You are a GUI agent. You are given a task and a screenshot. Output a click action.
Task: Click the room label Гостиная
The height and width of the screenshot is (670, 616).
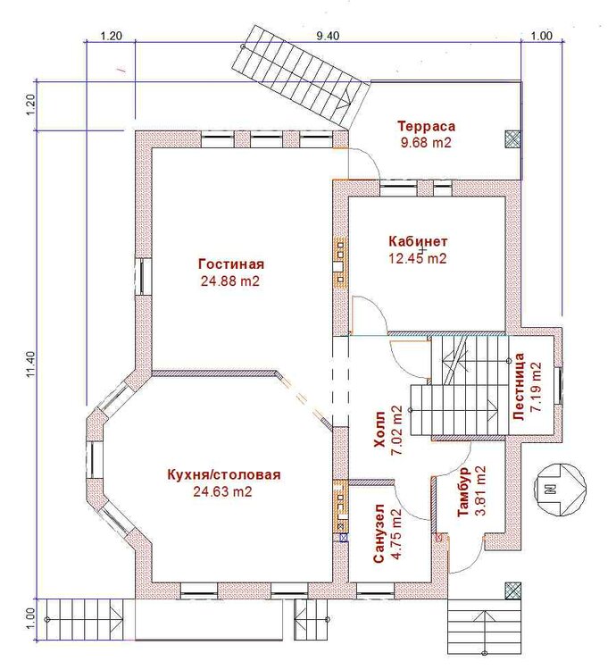tap(231, 264)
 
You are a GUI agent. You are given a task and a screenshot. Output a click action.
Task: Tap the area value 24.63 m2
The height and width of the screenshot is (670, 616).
tap(222, 491)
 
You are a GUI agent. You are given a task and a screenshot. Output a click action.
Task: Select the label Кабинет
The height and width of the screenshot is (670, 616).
tap(418, 241)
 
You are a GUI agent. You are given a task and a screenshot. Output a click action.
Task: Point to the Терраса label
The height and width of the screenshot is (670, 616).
tap(427, 127)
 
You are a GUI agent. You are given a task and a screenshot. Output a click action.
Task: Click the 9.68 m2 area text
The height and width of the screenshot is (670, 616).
tap(426, 142)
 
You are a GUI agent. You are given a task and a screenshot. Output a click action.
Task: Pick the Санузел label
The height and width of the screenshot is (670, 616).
tap(379, 533)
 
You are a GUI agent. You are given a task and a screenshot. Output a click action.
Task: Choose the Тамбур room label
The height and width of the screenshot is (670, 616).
tap(463, 492)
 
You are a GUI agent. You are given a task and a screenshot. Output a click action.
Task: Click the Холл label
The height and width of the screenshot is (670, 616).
tap(379, 430)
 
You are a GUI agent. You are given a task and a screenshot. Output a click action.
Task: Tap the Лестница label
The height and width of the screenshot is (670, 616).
tap(520, 387)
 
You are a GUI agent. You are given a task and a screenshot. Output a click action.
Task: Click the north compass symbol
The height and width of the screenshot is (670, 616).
tap(561, 489)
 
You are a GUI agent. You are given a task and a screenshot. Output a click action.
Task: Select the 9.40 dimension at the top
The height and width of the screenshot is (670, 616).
tap(328, 36)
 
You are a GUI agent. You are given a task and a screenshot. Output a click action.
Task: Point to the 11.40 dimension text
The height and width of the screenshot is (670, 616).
tap(29, 364)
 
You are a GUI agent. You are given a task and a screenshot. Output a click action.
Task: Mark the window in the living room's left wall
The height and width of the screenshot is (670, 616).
tap(144, 276)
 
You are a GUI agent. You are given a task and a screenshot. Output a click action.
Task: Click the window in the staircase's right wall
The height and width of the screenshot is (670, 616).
tap(558, 385)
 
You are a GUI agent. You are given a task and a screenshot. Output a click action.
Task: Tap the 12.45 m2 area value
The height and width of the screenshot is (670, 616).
tap(418, 258)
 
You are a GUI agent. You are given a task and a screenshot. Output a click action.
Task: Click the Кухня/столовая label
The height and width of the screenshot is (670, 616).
tap(224, 474)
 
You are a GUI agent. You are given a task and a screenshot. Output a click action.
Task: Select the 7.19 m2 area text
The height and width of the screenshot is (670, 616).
tap(536, 387)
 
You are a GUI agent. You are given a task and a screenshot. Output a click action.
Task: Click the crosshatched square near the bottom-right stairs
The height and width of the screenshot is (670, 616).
tap(513, 590)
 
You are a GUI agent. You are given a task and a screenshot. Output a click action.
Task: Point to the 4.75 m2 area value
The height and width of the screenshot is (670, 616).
tap(396, 534)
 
